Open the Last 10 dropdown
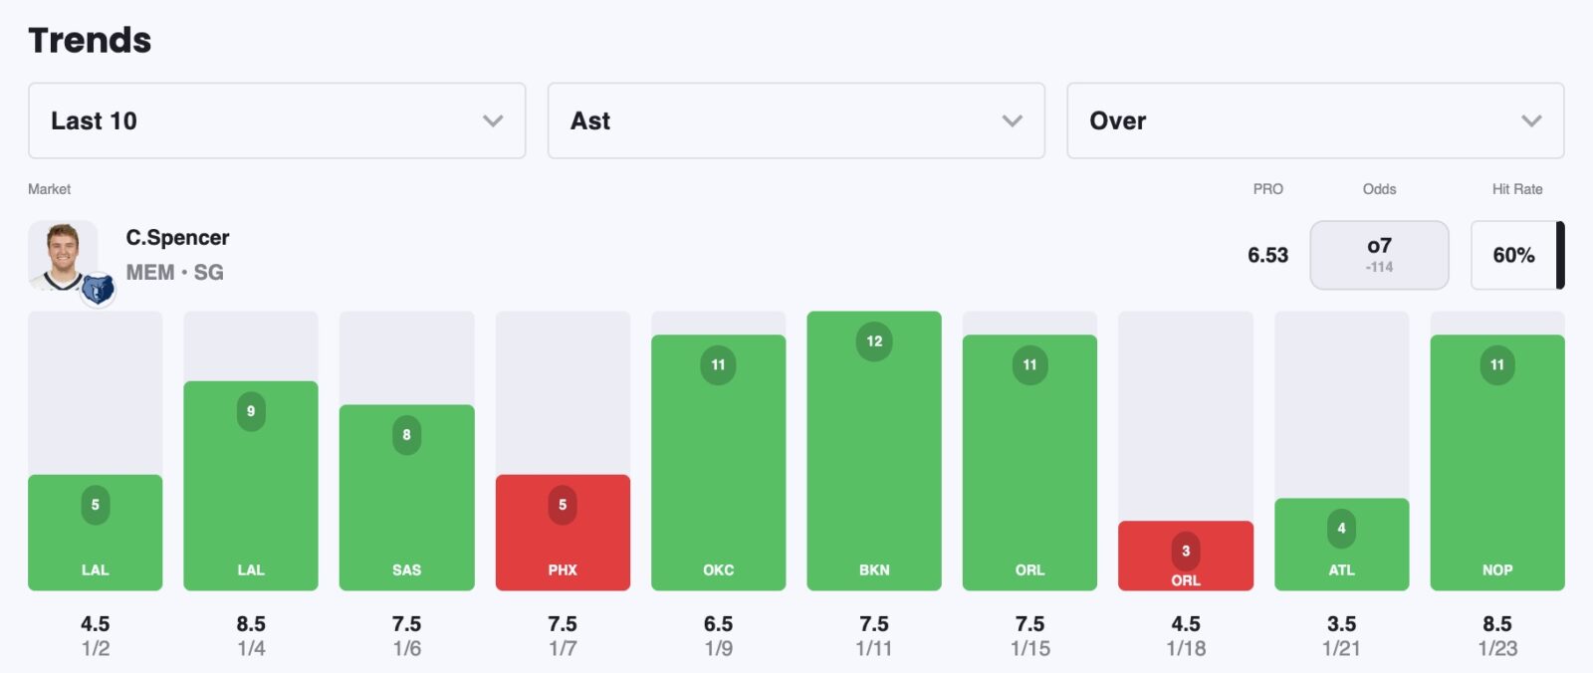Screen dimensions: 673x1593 point(276,120)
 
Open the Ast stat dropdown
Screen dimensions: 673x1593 point(796,120)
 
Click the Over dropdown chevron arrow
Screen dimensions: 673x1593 point(1531,120)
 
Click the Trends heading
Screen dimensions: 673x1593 point(90,40)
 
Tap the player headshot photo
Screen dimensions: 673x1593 point(63,256)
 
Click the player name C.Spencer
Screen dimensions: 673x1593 point(177,238)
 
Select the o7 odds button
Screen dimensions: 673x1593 point(1379,255)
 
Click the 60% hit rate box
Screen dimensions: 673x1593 point(1513,255)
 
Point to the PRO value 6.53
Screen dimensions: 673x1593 point(1267,255)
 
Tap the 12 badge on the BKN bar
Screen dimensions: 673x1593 point(874,341)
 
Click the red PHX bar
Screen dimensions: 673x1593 point(563,533)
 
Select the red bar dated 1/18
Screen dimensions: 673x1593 point(1185,556)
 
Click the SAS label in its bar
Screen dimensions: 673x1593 point(406,570)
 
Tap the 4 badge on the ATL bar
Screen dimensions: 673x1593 point(1341,529)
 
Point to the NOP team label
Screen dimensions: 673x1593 point(1496,570)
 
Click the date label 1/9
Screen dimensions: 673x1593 point(718,648)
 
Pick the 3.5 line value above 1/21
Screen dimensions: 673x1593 point(1341,624)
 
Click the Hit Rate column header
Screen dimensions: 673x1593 point(1516,189)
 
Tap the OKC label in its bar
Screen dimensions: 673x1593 point(718,570)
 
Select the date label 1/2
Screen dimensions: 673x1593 point(96,648)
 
